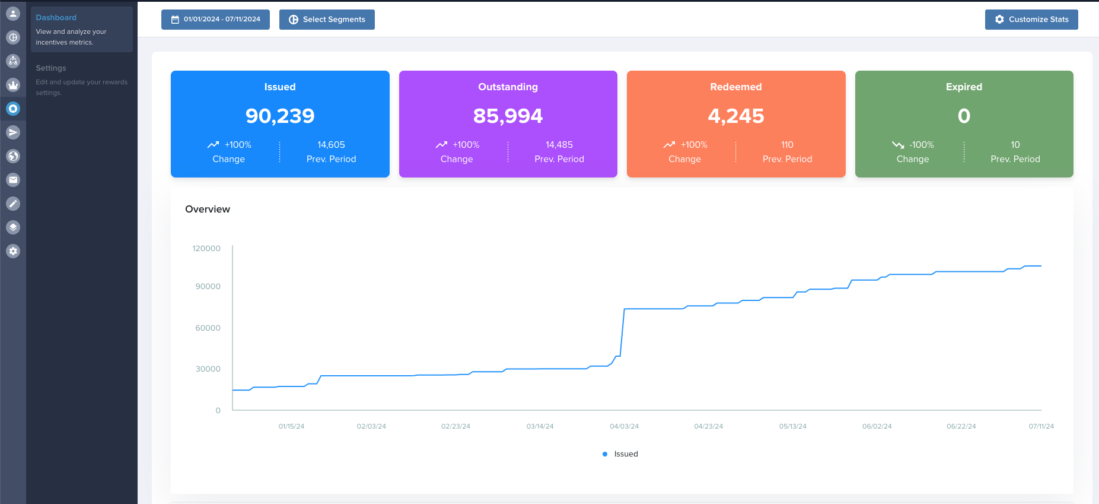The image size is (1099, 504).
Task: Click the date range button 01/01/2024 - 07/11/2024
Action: [215, 20]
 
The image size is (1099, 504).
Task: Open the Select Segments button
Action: [327, 20]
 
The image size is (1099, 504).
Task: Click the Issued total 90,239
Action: [280, 116]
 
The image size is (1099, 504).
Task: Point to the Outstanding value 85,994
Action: [508, 116]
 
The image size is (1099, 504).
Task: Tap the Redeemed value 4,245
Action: [735, 116]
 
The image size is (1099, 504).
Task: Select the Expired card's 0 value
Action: [964, 116]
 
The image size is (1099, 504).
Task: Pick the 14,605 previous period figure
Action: [331, 145]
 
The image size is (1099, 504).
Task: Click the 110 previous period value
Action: [787, 145]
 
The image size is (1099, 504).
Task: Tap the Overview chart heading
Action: [208, 209]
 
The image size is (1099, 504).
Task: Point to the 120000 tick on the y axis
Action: [206, 248]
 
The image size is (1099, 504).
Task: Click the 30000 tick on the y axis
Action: [208, 369]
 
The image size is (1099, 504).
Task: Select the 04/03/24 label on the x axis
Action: [624, 426]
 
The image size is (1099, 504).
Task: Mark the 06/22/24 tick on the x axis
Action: [961, 426]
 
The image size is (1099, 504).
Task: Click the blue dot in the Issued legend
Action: [605, 454]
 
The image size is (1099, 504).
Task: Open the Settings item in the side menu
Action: [51, 68]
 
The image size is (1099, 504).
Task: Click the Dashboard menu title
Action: [56, 18]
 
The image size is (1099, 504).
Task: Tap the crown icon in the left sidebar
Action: [13, 85]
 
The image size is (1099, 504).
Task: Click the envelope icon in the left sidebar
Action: [13, 180]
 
